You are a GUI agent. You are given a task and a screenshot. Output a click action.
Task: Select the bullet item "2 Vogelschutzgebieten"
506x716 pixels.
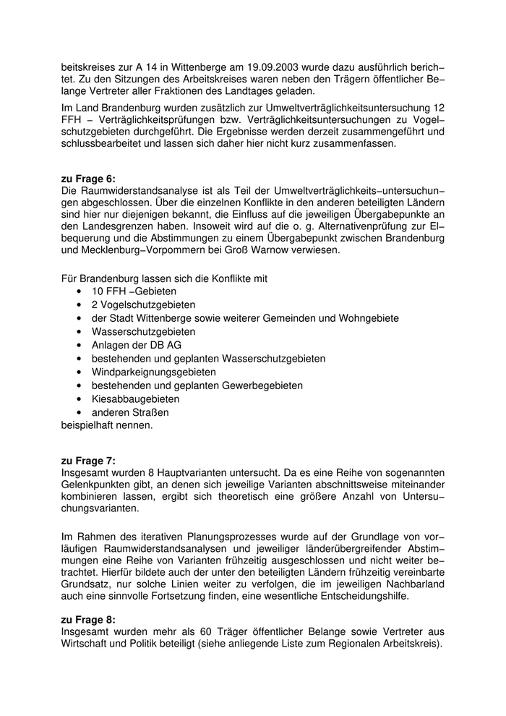click(x=143, y=304)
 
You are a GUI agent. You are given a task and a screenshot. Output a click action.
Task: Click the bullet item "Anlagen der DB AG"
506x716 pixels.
click(x=137, y=345)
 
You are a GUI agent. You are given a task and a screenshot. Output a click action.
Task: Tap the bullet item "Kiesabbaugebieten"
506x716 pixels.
click(x=136, y=399)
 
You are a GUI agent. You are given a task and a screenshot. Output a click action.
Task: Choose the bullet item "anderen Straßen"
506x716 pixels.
click(x=130, y=412)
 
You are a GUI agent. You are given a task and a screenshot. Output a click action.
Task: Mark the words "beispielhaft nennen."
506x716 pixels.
click(x=107, y=425)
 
